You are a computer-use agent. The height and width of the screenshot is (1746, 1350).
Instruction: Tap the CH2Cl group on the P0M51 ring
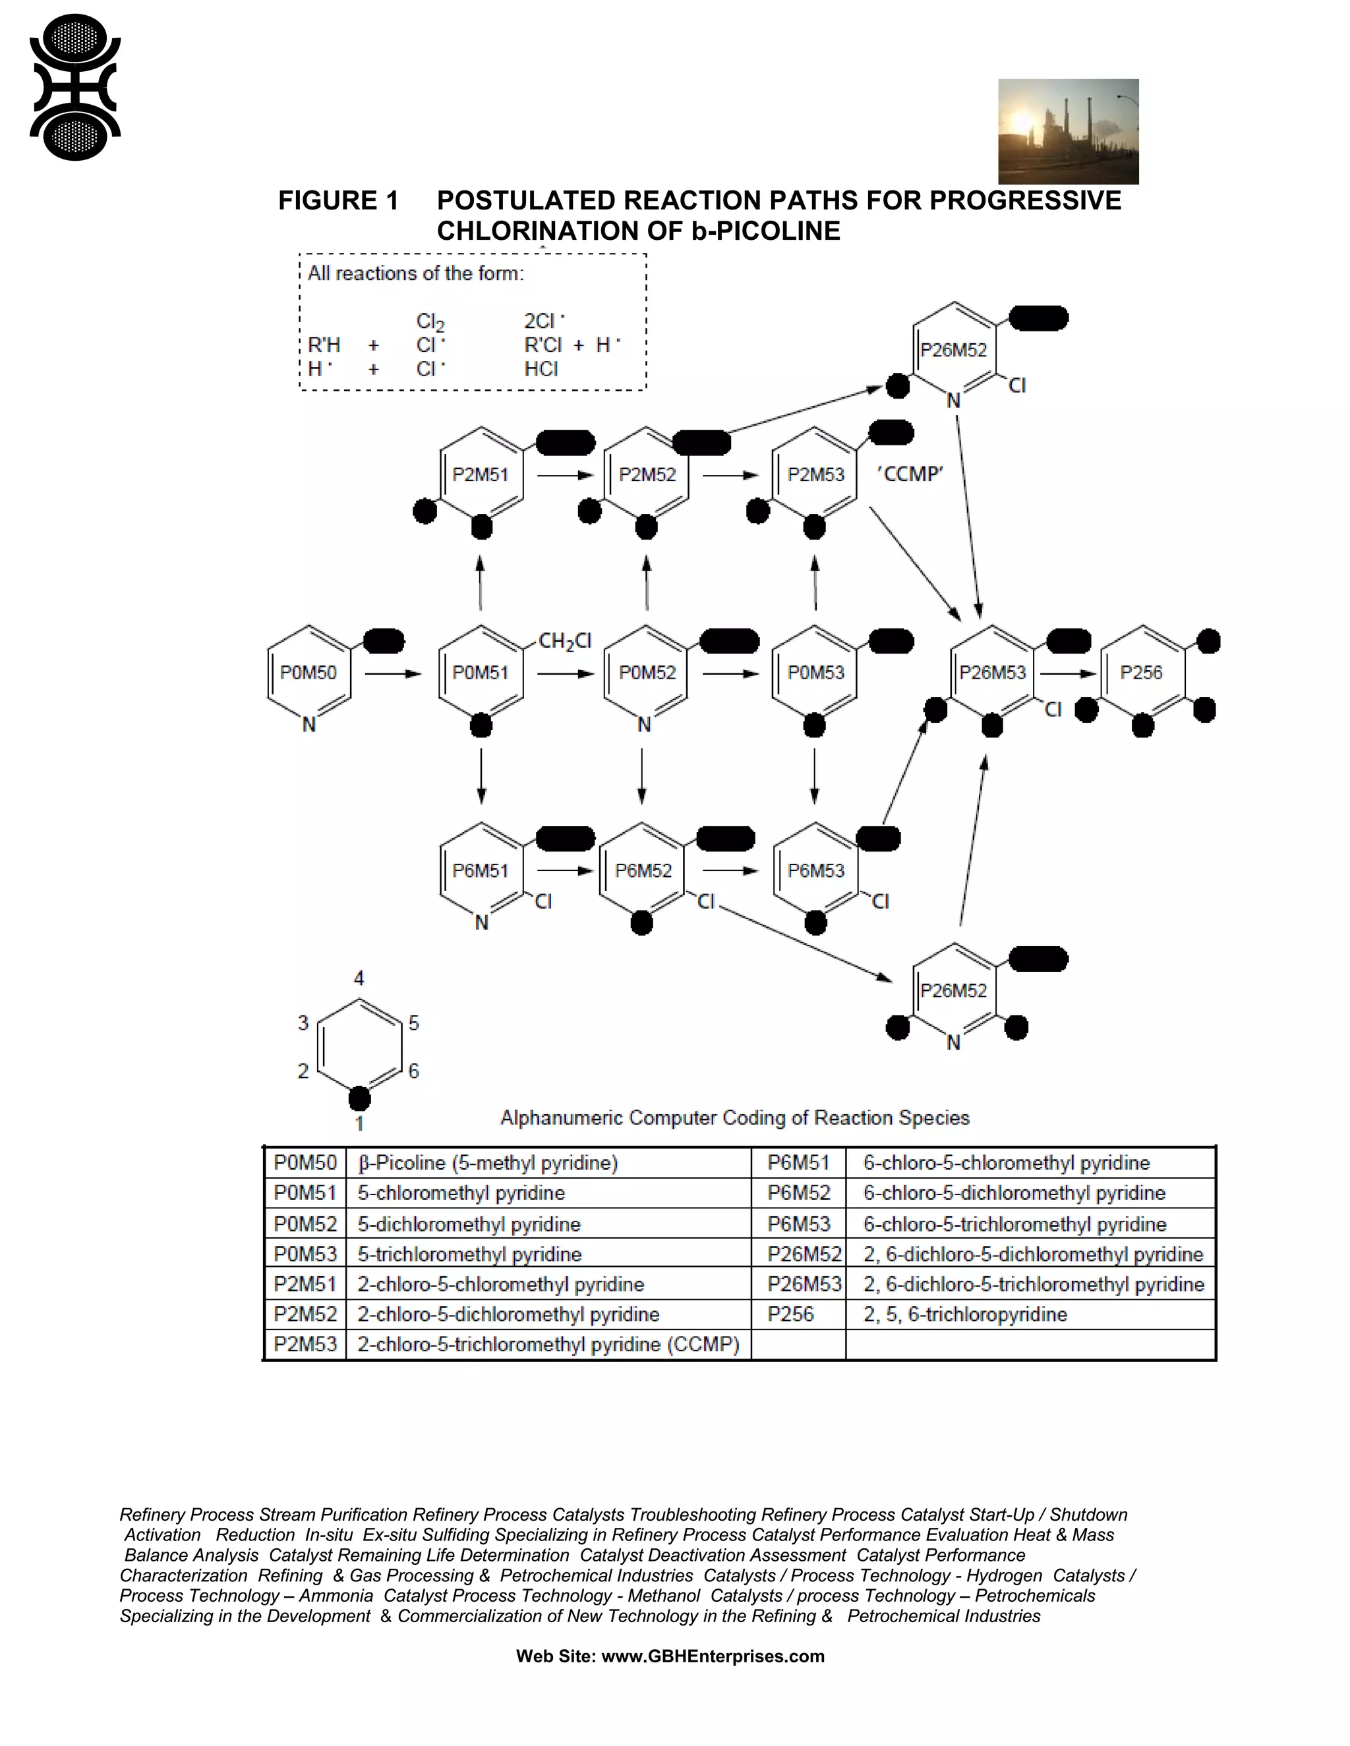click(565, 640)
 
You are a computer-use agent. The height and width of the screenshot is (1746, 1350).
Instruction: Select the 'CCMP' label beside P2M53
click(910, 474)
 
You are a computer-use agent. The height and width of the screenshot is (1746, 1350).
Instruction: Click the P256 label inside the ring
click(1140, 672)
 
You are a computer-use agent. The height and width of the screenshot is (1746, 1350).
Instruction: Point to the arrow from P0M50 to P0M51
click(393, 674)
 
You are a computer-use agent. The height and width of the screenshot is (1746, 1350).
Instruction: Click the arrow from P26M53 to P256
click(1068, 674)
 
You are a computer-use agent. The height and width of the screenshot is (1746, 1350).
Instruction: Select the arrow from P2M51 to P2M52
click(565, 476)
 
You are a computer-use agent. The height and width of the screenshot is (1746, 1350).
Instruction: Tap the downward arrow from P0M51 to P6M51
click(481, 775)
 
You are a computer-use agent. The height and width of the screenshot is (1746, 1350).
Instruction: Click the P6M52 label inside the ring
click(643, 870)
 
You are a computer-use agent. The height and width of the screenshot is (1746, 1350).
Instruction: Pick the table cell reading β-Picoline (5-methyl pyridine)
click(488, 1163)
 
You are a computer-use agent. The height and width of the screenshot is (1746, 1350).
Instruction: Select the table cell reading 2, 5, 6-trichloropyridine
click(965, 1314)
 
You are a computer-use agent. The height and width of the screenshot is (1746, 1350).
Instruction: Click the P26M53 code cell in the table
click(804, 1284)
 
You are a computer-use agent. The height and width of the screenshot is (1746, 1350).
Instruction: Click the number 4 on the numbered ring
click(359, 978)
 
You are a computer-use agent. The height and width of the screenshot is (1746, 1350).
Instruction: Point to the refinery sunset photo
click(1068, 131)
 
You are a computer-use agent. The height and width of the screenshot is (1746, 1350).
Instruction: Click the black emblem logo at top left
click(74, 87)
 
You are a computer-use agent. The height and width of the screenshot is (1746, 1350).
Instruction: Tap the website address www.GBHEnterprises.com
click(713, 1656)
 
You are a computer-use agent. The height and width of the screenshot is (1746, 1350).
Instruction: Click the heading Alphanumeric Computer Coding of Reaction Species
click(734, 1117)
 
